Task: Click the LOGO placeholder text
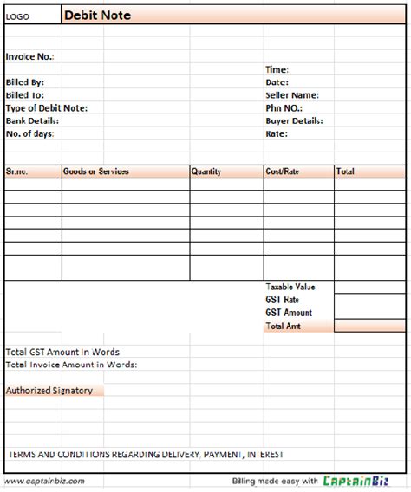click(x=18, y=16)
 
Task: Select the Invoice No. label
click(x=29, y=56)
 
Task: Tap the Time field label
click(x=277, y=69)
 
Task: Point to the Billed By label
click(x=25, y=82)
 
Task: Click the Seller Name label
click(x=292, y=95)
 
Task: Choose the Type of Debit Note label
click(x=47, y=108)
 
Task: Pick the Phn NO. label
click(x=283, y=108)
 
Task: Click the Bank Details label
click(x=32, y=121)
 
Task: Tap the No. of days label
click(x=30, y=134)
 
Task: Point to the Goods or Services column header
click(x=96, y=172)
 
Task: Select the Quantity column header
click(x=206, y=172)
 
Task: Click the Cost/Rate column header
click(x=283, y=172)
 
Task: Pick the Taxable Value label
click(x=290, y=287)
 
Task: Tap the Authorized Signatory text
click(x=49, y=391)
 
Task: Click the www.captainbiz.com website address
click(x=44, y=481)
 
